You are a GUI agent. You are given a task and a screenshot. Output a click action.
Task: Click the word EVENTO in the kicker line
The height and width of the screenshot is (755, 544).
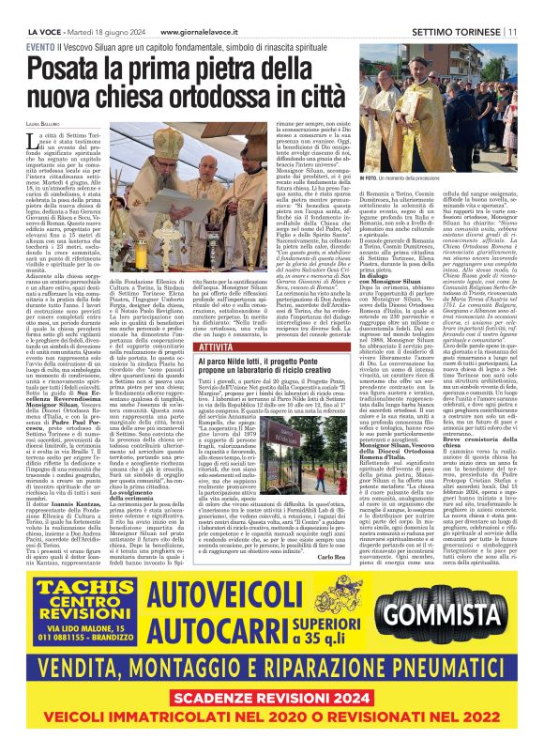pos(40,45)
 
